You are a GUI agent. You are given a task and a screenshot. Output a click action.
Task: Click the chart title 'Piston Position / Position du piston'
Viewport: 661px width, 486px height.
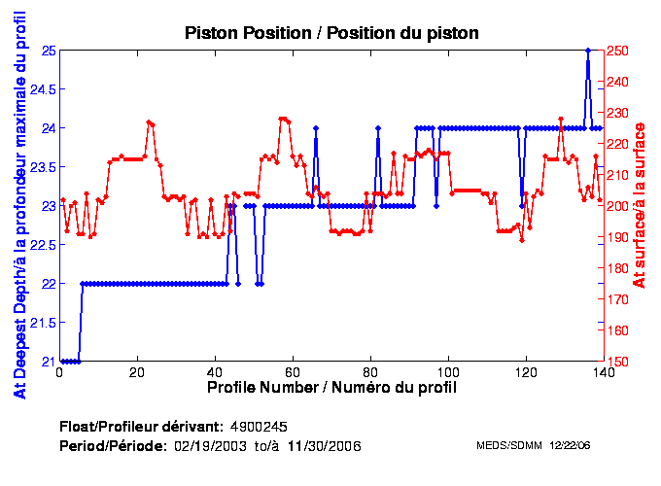(331, 33)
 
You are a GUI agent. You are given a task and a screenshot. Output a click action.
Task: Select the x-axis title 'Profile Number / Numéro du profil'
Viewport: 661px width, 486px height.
(331, 387)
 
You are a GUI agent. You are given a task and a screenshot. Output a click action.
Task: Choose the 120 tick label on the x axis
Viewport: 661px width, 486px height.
(525, 371)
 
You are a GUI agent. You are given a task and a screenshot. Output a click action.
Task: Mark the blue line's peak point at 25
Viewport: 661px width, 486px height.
(587, 50)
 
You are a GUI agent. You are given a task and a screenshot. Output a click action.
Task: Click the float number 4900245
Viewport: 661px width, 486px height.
(259, 427)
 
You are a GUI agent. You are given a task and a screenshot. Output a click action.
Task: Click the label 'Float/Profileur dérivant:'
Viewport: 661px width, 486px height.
(141, 427)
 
